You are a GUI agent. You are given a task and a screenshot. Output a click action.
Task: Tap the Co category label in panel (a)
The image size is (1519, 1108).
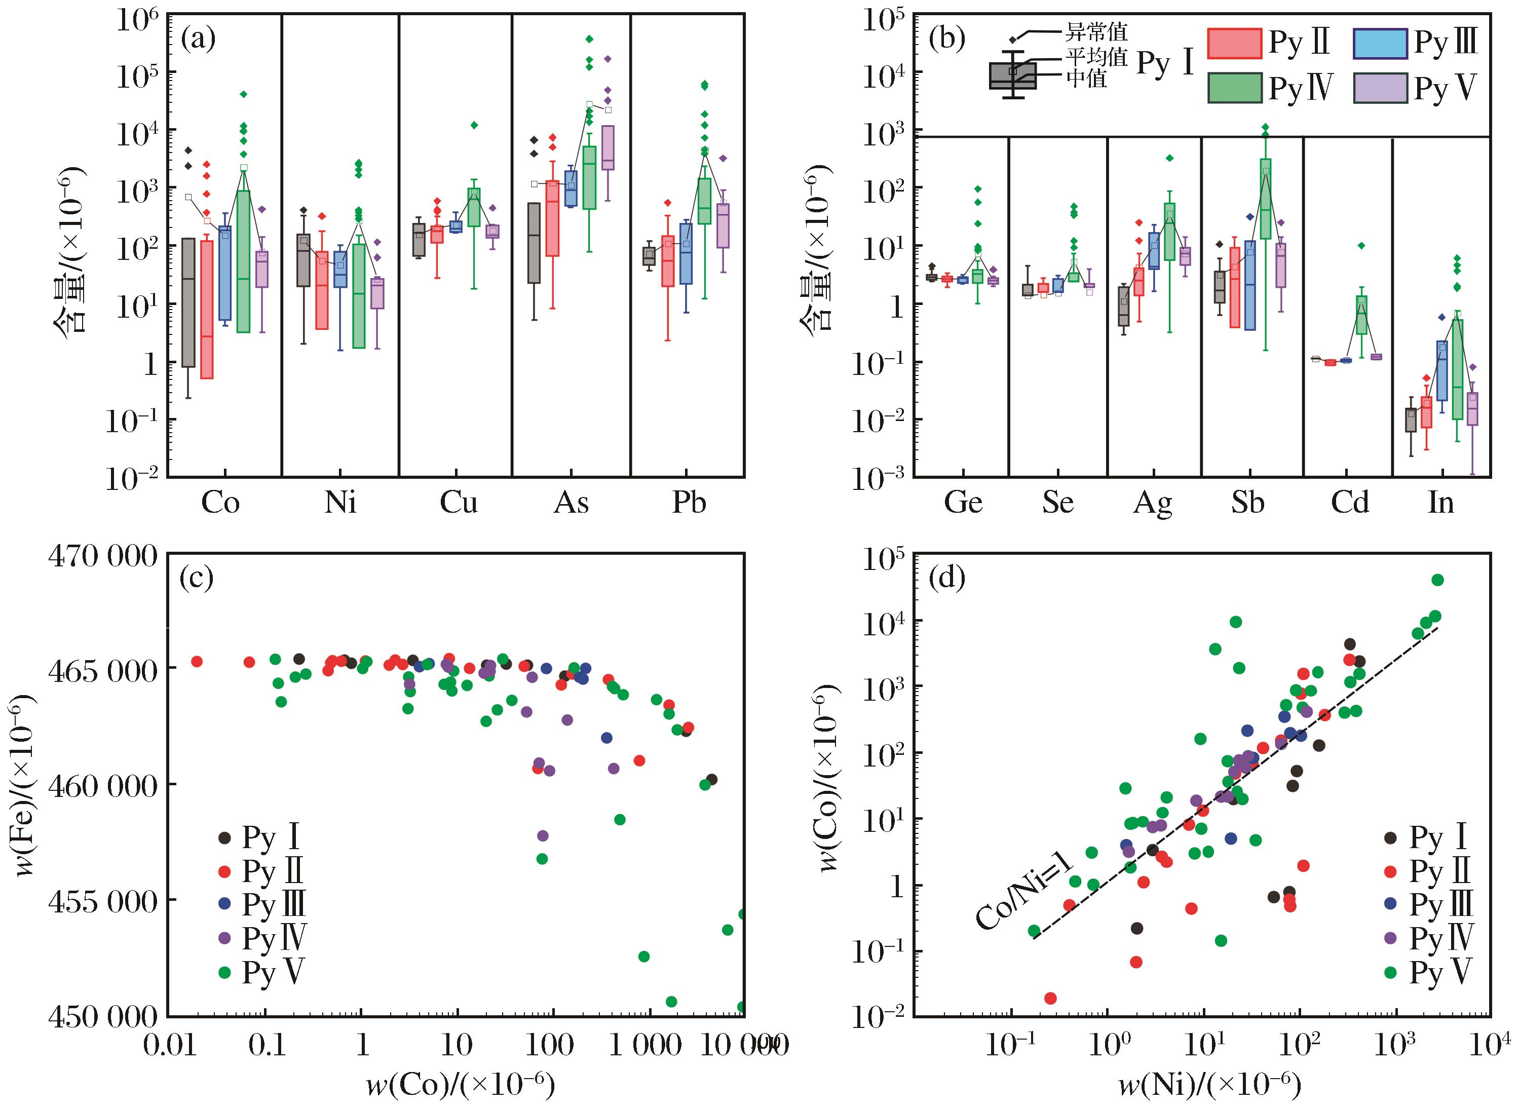pos(220,503)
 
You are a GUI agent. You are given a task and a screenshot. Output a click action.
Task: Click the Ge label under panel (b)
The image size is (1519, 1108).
pos(963,503)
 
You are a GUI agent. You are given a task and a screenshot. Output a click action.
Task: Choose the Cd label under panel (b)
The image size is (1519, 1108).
pos(1349,503)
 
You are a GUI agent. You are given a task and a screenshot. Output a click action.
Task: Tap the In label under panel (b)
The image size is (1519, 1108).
pos(1441,503)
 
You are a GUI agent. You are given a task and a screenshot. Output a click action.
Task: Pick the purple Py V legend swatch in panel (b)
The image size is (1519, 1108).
pos(1380,88)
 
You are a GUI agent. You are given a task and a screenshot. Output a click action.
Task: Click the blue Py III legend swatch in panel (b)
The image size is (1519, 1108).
pos(1380,43)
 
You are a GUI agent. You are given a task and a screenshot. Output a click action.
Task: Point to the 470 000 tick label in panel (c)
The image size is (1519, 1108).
pos(103,557)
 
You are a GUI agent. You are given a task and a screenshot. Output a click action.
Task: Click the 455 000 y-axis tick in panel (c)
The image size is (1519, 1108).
pos(103,901)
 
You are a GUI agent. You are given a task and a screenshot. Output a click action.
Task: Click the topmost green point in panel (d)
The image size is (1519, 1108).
pos(1437,580)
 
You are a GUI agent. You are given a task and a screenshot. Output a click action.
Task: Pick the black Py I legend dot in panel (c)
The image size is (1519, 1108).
pos(225,837)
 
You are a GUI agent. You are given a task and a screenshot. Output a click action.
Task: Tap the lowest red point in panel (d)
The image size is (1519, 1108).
pos(1050,998)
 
